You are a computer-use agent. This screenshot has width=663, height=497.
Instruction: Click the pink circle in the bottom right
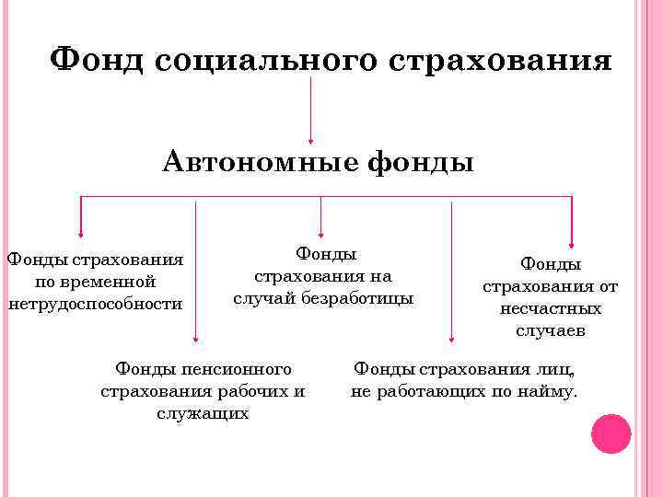(x=611, y=433)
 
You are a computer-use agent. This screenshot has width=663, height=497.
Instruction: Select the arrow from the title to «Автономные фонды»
(x=310, y=110)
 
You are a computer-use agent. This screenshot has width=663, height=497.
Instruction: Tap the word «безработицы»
(x=361, y=298)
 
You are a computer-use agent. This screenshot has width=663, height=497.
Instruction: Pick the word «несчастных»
(x=551, y=309)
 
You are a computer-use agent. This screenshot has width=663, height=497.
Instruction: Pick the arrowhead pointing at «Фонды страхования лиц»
(x=451, y=337)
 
